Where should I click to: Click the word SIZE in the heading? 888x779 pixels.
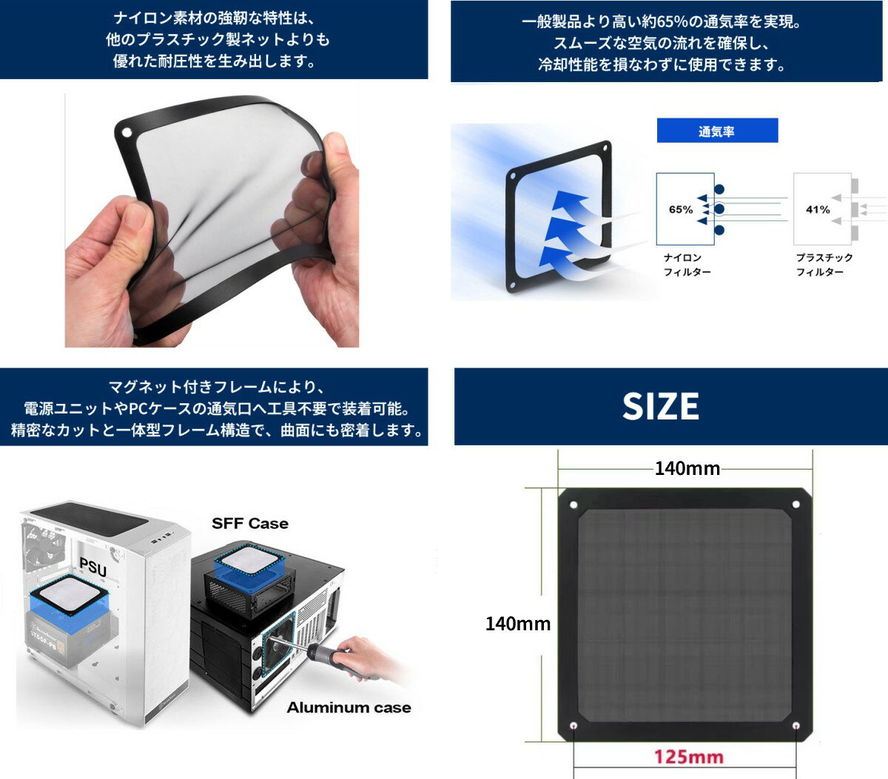[x=661, y=406]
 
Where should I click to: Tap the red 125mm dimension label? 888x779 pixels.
[x=688, y=757]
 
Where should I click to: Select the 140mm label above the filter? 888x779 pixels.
[x=687, y=468]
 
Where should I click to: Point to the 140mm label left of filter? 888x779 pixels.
[x=518, y=624]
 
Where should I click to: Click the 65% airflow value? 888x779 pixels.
[x=681, y=210]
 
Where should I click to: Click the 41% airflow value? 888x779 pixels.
[x=818, y=210]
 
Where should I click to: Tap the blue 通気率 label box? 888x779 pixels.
[x=717, y=131]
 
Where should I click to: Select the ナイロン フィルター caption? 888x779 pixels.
[x=687, y=265]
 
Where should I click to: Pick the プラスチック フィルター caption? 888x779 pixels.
[x=824, y=265]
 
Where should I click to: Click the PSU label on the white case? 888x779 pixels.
[x=93, y=567]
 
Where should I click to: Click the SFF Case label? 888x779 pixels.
[x=249, y=524]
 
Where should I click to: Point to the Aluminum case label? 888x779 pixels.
[x=349, y=708]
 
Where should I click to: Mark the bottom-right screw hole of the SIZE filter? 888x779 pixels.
[x=795, y=726]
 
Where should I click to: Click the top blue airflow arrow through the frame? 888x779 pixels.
[x=569, y=202]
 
